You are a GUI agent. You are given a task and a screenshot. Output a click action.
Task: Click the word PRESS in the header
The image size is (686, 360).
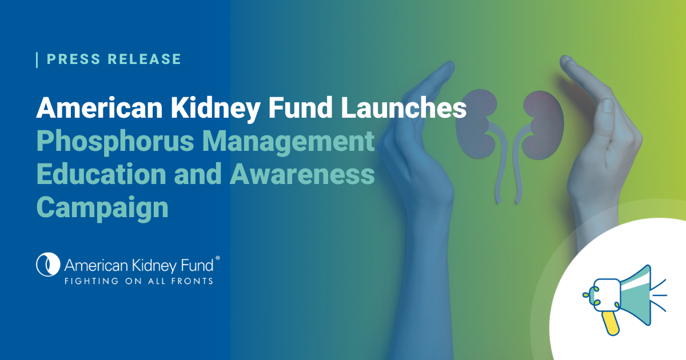point(74,59)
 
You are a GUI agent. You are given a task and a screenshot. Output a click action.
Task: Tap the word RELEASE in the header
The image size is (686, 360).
point(144,59)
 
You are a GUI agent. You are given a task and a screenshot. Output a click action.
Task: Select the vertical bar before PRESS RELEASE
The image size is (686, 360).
point(37,60)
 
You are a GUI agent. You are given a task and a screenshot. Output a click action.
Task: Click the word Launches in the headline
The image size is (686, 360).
point(404,107)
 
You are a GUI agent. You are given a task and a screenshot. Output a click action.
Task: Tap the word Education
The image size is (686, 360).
point(101,174)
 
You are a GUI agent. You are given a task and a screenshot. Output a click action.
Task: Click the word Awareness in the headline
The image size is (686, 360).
point(302,174)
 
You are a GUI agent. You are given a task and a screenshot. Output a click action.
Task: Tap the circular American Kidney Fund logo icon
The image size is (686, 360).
point(48,265)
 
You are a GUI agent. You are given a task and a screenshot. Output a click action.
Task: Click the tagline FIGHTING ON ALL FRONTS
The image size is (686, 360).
point(139,281)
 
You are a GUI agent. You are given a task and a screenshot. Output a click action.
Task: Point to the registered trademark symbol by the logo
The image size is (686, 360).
point(218,258)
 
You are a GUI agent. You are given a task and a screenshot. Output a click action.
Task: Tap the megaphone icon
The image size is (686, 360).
point(624,299)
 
